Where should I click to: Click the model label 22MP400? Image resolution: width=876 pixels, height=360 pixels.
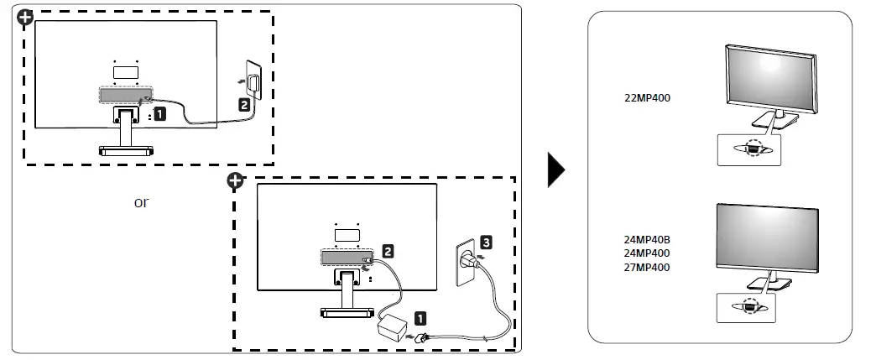click(647, 98)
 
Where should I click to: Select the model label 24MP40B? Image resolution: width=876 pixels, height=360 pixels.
click(647, 240)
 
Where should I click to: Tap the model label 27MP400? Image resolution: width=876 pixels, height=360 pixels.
click(647, 267)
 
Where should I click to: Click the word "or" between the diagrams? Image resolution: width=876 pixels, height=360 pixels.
click(141, 202)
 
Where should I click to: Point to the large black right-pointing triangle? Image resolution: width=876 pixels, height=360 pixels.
click(556, 170)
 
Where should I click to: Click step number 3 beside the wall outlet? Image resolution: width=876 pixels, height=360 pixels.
click(486, 243)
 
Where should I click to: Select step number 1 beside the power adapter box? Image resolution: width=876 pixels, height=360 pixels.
click(420, 319)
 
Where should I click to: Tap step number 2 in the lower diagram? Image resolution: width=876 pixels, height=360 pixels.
click(387, 251)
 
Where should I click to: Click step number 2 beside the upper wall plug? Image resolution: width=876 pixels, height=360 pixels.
click(244, 104)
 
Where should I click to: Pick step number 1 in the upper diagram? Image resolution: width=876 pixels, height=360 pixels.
click(159, 114)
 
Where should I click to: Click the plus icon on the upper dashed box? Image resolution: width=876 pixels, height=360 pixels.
click(24, 18)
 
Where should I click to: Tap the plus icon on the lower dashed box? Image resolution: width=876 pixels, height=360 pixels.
click(236, 180)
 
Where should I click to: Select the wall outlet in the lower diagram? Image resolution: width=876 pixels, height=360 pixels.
click(467, 262)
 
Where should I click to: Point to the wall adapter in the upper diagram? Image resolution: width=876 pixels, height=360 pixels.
click(253, 81)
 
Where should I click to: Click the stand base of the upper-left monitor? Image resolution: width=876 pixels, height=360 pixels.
click(126, 150)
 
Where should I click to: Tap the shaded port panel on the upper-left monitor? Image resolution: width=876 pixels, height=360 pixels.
click(126, 95)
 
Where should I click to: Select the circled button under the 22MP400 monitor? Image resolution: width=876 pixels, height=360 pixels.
click(753, 149)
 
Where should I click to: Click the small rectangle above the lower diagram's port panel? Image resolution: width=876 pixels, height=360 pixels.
click(347, 235)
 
